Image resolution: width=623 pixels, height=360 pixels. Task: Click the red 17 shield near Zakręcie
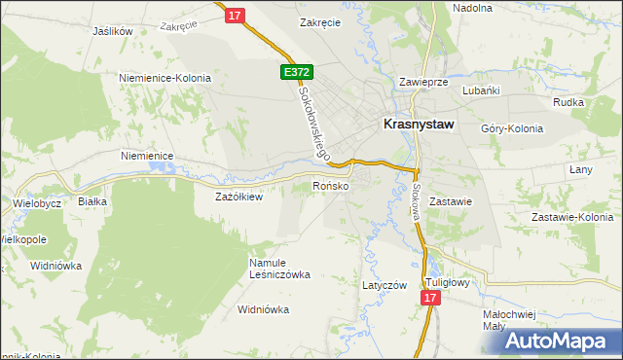pos(235,16)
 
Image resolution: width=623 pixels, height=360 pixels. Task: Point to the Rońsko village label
pos(330,186)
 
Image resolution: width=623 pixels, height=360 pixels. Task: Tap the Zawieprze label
pos(423,83)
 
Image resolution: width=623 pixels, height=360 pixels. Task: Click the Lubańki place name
pos(482,90)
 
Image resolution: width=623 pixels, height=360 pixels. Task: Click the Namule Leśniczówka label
pos(278,268)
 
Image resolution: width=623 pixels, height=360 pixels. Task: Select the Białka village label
pos(92,201)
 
